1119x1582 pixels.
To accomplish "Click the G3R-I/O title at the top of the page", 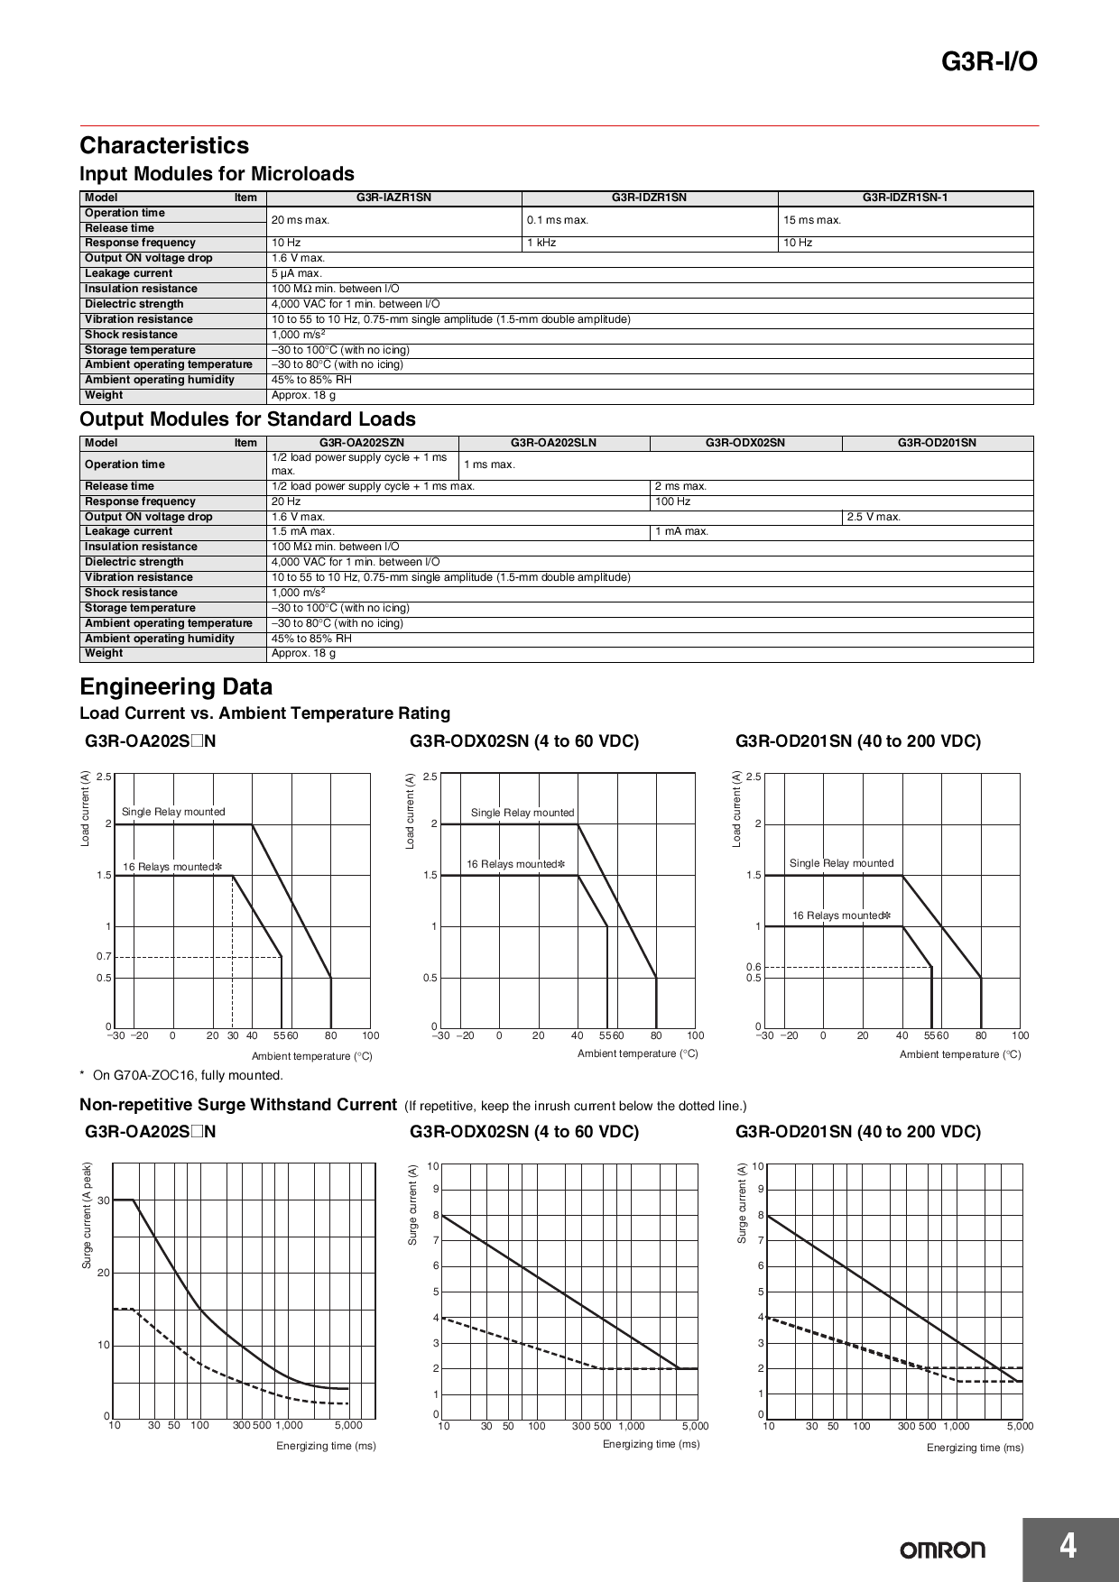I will (x=989, y=62).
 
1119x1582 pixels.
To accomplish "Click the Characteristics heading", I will (x=164, y=145).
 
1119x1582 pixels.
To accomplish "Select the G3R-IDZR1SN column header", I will (x=649, y=198).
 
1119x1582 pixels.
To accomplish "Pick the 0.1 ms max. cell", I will (x=557, y=220).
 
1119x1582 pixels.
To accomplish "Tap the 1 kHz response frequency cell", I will (x=541, y=243).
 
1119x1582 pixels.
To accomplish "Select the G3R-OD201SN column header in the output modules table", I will (x=937, y=443).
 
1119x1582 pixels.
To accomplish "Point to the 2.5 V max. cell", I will (x=874, y=517).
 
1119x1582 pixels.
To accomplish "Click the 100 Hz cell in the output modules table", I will (x=672, y=501).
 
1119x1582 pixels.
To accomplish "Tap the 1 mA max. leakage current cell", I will (x=681, y=531).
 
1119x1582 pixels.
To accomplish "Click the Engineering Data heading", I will (x=176, y=686).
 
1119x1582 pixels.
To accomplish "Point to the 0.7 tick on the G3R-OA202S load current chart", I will (x=104, y=956).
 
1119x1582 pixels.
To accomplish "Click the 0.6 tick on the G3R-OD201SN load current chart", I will (x=754, y=967).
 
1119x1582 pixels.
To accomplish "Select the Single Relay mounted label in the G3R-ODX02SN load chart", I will (x=522, y=813).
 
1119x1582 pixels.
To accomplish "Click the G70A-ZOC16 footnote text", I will (x=188, y=1075).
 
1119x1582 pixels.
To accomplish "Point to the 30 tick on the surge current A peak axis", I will (x=104, y=1200).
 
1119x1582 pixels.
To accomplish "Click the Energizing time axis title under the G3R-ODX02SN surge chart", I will (x=651, y=1444).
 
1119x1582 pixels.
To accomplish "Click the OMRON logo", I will (x=942, y=1550).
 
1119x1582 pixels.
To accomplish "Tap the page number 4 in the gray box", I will (x=1068, y=1548).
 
